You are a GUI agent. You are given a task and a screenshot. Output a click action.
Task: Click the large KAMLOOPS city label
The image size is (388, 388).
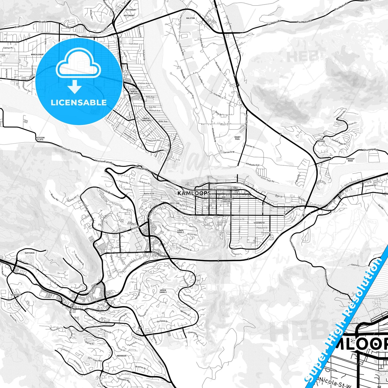(194, 193)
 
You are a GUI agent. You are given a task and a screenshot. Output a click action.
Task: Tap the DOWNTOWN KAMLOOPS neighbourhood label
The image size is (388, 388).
(227, 200)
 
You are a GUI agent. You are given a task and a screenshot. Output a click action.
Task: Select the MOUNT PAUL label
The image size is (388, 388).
(237, 138)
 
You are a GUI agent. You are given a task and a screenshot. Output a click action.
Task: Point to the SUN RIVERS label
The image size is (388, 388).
(321, 140)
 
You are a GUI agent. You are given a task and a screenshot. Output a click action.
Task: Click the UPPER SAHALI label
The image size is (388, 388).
(163, 291)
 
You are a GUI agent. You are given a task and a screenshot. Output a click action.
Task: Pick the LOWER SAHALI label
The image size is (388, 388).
(180, 231)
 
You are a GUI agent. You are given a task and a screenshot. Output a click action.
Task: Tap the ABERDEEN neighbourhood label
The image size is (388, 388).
(121, 356)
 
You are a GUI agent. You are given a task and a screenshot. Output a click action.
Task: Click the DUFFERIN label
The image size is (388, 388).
(30, 253)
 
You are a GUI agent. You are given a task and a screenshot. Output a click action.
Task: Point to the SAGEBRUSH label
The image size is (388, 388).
(259, 223)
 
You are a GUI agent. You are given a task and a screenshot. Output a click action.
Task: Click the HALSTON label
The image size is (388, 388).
(190, 18)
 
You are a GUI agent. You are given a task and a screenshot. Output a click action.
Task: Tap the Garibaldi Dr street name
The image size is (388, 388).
(162, 321)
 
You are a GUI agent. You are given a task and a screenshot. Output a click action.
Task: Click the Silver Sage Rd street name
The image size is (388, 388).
(267, 180)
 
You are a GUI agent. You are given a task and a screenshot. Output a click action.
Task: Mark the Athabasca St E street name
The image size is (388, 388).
(252, 164)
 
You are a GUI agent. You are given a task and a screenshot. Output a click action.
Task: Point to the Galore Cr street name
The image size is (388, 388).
(355, 265)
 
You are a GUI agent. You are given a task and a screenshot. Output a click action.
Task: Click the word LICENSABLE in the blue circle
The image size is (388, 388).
(79, 103)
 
